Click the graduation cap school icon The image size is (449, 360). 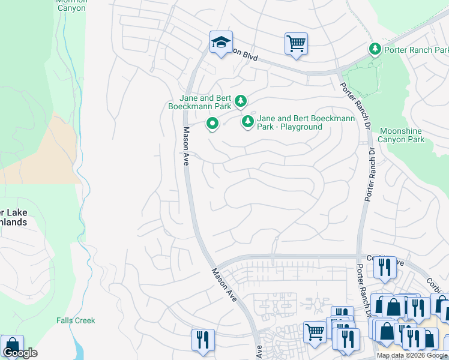221,42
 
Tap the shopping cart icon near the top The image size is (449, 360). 296,43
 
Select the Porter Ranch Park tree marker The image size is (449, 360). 375,49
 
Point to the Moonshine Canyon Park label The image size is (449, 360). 401,135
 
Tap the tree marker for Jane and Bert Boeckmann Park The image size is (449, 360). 240,101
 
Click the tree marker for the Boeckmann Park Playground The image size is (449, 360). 247,122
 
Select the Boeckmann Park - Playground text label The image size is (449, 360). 306,122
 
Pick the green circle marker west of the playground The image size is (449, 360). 212,124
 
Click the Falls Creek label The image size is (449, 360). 76,320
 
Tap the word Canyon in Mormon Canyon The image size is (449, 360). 71,8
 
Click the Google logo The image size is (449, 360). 20,353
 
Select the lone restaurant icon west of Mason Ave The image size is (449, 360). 203,340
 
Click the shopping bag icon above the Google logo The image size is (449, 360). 12,346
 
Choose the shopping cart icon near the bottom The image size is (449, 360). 315,331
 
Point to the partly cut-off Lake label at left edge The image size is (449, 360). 13,212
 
